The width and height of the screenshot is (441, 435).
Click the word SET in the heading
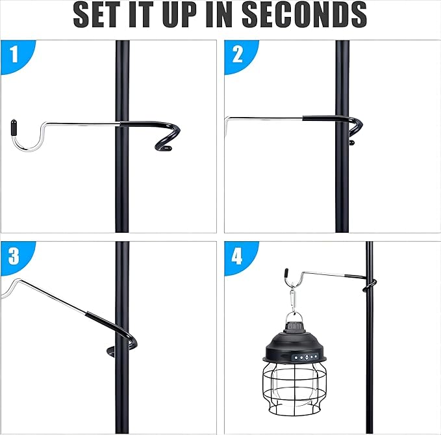click(95, 14)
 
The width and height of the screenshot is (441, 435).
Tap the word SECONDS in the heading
click(304, 14)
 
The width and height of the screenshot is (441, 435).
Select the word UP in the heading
click(179, 14)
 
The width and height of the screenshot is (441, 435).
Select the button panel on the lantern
click(305, 357)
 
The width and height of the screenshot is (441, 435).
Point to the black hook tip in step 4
click(286, 272)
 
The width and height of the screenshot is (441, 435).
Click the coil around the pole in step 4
click(369, 285)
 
